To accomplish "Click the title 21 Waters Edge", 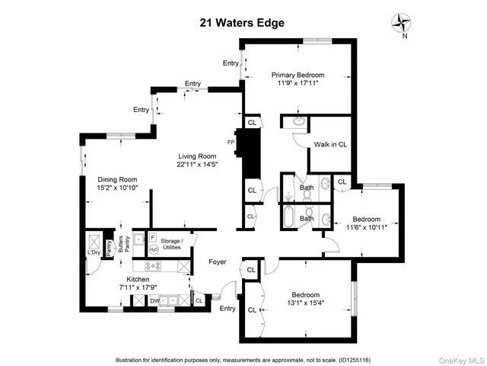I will [x=243, y=23].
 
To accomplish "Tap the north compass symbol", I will [x=401, y=24].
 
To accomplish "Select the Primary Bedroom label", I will [x=299, y=75].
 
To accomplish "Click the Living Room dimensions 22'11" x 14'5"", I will [x=192, y=164].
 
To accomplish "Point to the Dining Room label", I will [x=117, y=179].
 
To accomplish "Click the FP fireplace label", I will [x=231, y=142].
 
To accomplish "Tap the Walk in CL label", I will [x=330, y=143].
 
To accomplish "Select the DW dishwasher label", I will [x=154, y=301].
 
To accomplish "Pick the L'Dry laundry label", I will [x=94, y=252].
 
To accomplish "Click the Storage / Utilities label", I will [x=171, y=245].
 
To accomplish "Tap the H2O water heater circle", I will [x=153, y=249].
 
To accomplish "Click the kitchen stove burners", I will [x=154, y=266].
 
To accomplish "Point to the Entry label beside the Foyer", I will [x=228, y=309].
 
